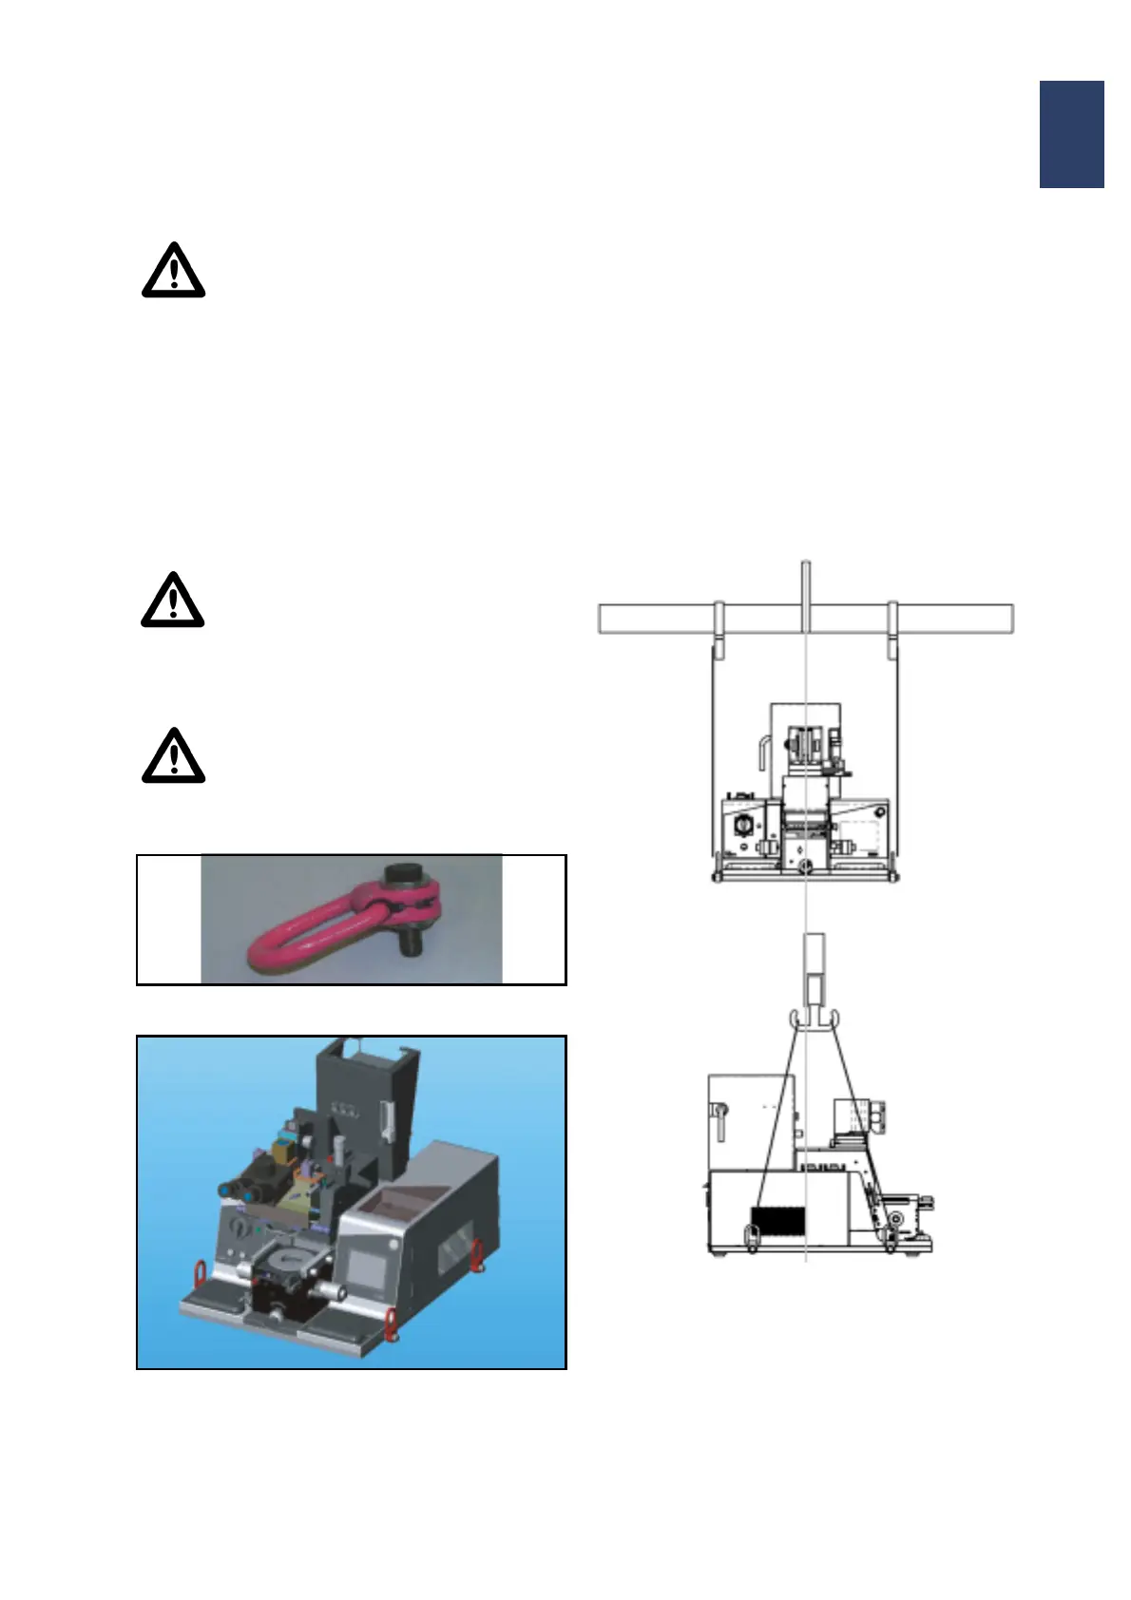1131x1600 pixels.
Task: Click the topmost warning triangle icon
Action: (173, 272)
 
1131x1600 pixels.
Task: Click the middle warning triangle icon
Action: (173, 600)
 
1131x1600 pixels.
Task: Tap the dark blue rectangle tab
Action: (1071, 134)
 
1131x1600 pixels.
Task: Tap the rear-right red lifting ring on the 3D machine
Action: (478, 1253)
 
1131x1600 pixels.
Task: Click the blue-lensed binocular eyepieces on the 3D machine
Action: (238, 1189)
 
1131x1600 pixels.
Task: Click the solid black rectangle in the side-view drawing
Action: (777, 1221)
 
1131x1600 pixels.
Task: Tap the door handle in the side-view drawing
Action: (720, 1121)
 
